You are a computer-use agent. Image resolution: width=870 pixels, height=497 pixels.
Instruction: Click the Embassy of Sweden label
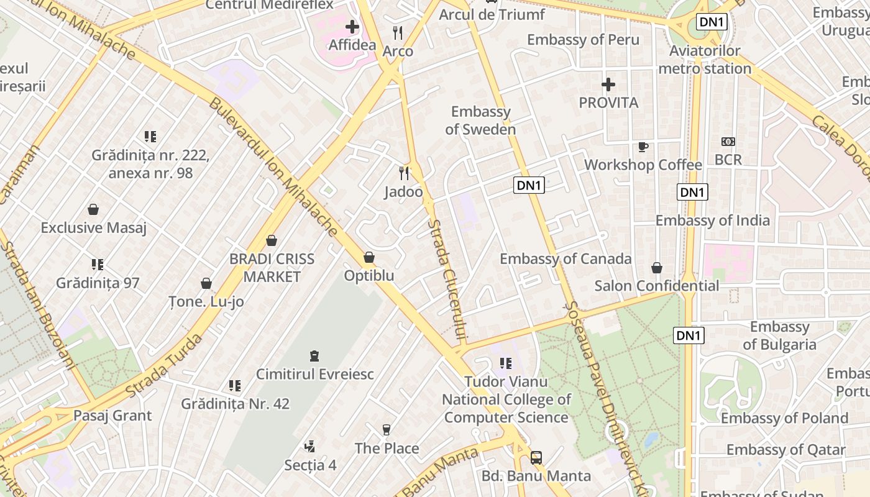480,121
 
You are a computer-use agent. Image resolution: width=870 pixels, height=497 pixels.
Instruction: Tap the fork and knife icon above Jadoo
404,173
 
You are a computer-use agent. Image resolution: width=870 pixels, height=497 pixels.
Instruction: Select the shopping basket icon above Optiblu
369,257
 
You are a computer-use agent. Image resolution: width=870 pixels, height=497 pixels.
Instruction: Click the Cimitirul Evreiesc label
315,374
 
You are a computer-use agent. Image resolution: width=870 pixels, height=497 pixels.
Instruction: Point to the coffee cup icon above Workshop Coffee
643,147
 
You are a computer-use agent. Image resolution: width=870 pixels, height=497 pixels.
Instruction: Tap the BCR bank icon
728,142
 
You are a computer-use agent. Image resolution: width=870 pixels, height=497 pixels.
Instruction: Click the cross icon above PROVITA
608,84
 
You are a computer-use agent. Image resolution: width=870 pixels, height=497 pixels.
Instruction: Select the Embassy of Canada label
565,258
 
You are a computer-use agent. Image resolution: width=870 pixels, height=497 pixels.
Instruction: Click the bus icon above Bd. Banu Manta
536,458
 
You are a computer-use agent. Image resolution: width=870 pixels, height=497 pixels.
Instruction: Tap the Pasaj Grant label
112,415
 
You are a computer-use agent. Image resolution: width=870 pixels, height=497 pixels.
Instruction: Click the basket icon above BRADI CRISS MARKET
272,240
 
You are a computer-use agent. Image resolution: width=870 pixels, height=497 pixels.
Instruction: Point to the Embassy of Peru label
583,40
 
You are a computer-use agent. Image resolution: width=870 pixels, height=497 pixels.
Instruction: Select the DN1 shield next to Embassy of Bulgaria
689,336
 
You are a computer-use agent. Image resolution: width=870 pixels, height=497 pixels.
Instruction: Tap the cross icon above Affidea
352,27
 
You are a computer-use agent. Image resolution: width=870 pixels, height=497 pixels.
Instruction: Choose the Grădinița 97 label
98,283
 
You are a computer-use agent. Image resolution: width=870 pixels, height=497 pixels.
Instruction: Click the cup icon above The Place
387,429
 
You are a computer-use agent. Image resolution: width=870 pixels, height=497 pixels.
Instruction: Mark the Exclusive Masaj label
93,227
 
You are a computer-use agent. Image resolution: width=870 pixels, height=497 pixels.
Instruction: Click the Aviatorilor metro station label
705,60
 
